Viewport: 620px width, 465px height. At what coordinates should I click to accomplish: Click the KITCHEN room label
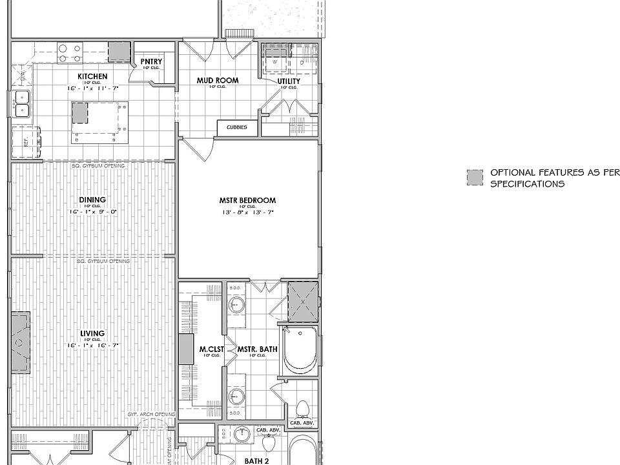92,76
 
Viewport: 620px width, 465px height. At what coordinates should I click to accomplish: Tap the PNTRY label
151,62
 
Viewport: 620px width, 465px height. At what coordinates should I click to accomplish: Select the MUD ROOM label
218,81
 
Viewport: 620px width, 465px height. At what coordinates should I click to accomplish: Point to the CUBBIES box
236,128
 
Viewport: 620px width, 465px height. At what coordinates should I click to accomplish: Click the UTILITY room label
289,81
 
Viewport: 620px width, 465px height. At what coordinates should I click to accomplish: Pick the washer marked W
275,62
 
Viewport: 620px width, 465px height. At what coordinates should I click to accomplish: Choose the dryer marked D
301,62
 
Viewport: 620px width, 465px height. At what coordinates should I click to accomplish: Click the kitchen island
99,123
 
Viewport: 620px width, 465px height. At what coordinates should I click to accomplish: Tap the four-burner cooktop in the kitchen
69,52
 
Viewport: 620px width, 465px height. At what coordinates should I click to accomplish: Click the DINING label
92,200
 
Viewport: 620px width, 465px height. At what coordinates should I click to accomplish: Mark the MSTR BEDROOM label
247,200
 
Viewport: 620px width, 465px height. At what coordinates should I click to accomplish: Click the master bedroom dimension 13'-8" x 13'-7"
247,212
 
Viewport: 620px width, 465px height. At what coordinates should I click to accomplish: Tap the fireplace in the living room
20,343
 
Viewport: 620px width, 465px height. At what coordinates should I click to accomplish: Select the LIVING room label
92,334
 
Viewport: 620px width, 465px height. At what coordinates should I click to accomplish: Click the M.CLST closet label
212,350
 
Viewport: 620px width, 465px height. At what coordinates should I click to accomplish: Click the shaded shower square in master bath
303,301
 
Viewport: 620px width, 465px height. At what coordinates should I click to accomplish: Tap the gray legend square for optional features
475,178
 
